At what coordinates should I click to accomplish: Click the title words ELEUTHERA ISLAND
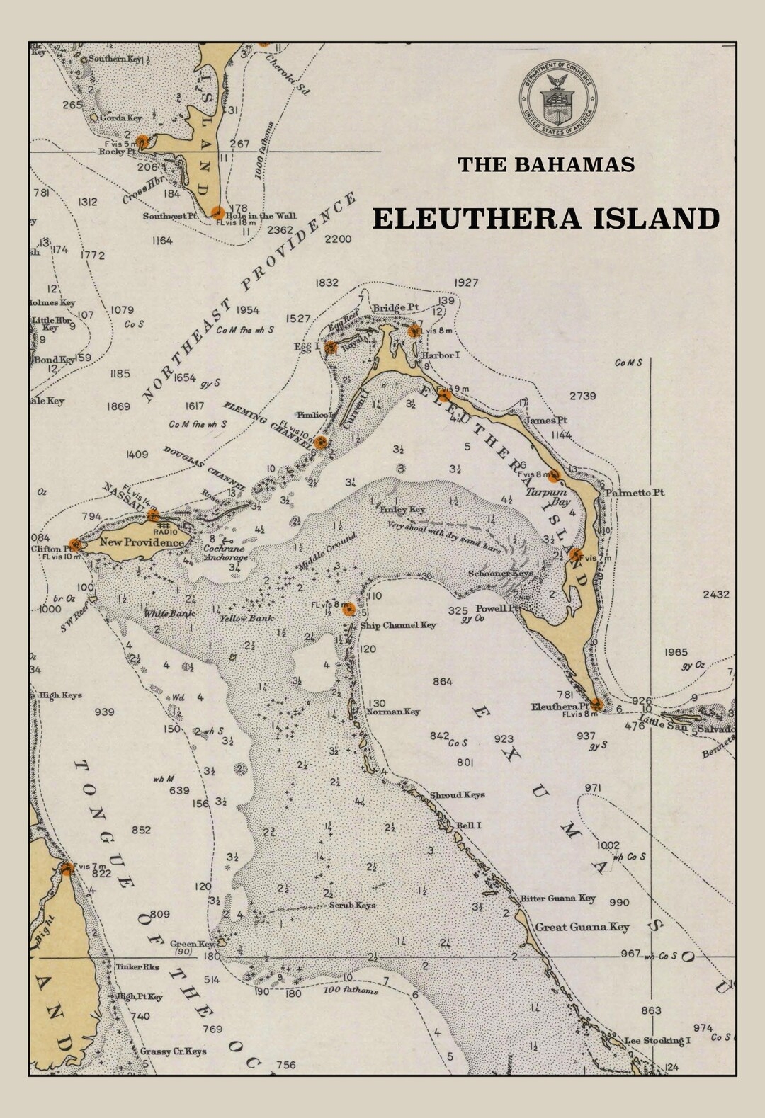[545, 219]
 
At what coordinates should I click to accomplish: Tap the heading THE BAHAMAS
[545, 164]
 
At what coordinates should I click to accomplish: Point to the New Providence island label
[142, 542]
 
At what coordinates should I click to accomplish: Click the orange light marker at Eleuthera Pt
[597, 704]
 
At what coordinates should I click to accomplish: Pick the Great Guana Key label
[582, 927]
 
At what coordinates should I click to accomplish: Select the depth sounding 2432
[715, 595]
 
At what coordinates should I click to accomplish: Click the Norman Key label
[393, 712]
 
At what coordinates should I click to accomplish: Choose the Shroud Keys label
[458, 794]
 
